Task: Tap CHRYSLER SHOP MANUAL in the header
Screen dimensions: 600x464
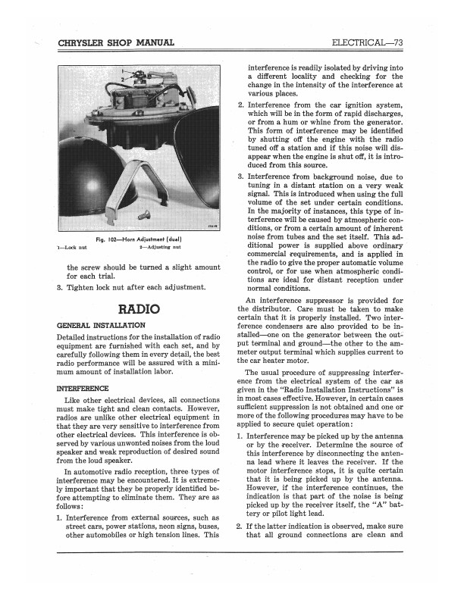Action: [x=116, y=42]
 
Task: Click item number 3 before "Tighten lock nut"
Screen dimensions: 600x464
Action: [x=60, y=288]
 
